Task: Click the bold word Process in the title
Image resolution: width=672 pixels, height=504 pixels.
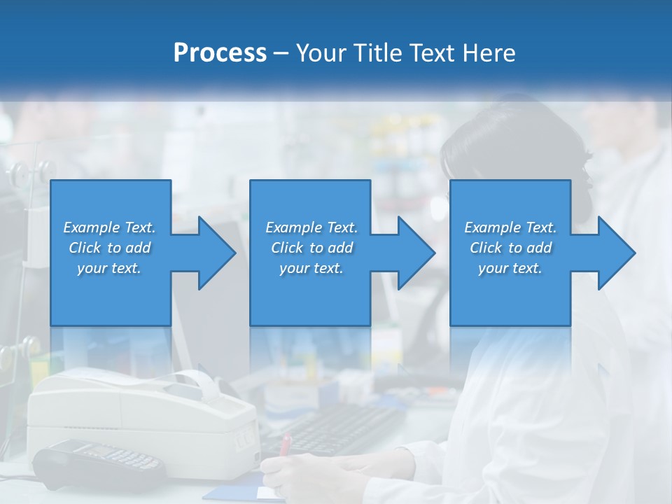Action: [x=220, y=53]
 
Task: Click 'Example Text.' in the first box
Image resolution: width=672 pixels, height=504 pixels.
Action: [x=109, y=227]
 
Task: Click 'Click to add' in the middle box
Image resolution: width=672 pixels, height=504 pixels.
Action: [x=311, y=248]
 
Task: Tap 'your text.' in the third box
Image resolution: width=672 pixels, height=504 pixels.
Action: [x=510, y=268]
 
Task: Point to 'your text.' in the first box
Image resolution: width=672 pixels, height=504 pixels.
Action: [x=109, y=268]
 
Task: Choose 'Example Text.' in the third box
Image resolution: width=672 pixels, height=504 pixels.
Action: [x=510, y=227]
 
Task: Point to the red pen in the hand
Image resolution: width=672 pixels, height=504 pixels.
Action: [x=285, y=445]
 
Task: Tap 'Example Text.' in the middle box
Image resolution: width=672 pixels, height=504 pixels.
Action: [x=311, y=227]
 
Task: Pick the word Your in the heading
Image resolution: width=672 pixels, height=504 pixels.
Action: [x=321, y=53]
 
